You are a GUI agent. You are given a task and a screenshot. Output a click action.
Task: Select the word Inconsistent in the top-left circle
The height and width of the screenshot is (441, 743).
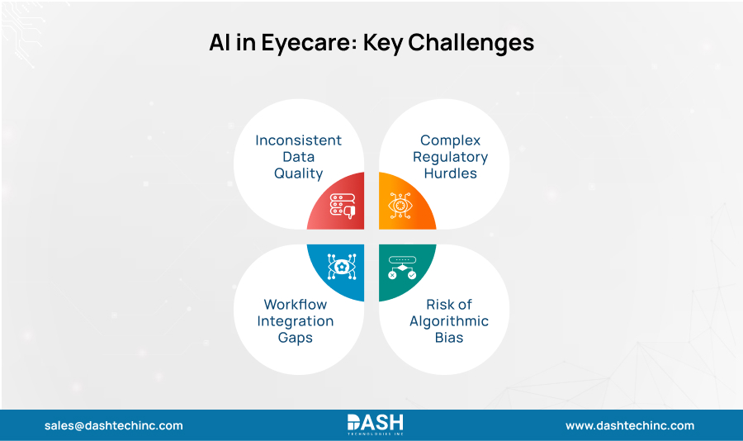pyautogui.click(x=298, y=140)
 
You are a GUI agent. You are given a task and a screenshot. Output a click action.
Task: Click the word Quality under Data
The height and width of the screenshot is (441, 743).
pyautogui.click(x=298, y=173)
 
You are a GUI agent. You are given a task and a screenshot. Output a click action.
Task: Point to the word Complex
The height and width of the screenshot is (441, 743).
pyautogui.click(x=450, y=140)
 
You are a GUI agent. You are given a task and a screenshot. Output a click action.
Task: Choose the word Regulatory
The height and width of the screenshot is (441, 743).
pyautogui.click(x=450, y=156)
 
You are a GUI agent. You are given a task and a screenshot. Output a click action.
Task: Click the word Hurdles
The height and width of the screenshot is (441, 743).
pyautogui.click(x=450, y=173)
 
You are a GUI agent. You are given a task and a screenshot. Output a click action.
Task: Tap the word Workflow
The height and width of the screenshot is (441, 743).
pyautogui.click(x=295, y=304)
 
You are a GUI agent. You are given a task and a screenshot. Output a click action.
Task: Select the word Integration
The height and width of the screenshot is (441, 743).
pyautogui.click(x=295, y=320)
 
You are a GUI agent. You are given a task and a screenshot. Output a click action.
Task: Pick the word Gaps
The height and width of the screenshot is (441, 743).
pyautogui.click(x=295, y=337)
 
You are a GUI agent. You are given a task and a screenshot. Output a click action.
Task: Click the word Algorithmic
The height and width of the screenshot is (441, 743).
pyautogui.click(x=449, y=320)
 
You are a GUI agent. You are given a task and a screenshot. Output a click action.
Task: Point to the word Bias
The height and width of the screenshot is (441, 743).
pyautogui.click(x=449, y=337)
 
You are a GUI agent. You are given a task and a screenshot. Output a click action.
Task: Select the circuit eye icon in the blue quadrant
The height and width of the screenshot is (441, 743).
pyautogui.click(x=341, y=266)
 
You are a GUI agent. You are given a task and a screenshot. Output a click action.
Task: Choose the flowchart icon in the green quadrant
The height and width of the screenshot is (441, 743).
pyautogui.click(x=402, y=266)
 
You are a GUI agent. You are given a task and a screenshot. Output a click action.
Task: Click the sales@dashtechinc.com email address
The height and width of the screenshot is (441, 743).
pyautogui.click(x=114, y=425)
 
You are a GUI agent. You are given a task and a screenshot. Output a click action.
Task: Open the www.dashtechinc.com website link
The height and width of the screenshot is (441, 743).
pyautogui.click(x=629, y=425)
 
